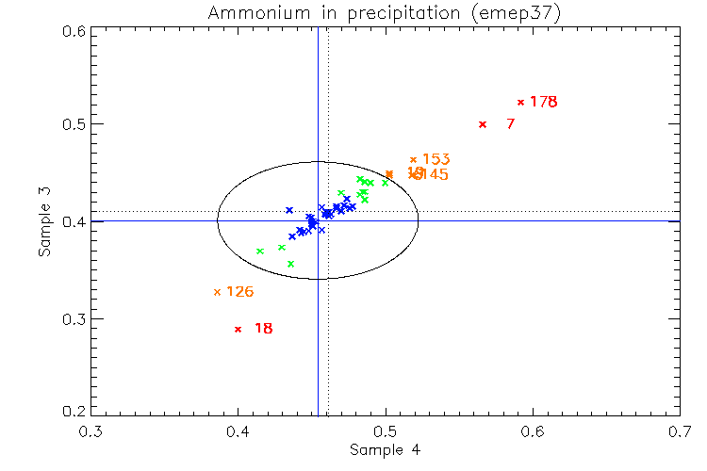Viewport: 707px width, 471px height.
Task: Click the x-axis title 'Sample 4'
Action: (385, 450)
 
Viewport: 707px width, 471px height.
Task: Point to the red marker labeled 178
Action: (520, 102)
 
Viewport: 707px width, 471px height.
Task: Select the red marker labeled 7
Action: (483, 124)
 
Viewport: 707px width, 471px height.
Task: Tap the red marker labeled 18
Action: (238, 329)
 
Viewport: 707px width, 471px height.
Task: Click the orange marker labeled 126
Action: (217, 292)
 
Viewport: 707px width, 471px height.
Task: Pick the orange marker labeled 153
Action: (413, 160)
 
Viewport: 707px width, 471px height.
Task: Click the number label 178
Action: (544, 102)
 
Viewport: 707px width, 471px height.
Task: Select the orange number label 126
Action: (239, 292)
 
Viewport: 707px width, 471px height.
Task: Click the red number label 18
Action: (264, 329)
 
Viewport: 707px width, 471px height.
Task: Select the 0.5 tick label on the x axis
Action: (386, 431)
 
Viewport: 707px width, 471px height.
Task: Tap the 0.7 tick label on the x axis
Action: (680, 431)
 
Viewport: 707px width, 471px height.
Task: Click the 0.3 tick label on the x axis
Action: (91, 431)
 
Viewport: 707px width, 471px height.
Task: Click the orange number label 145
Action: (435, 175)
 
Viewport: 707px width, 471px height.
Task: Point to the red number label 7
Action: (510, 124)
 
